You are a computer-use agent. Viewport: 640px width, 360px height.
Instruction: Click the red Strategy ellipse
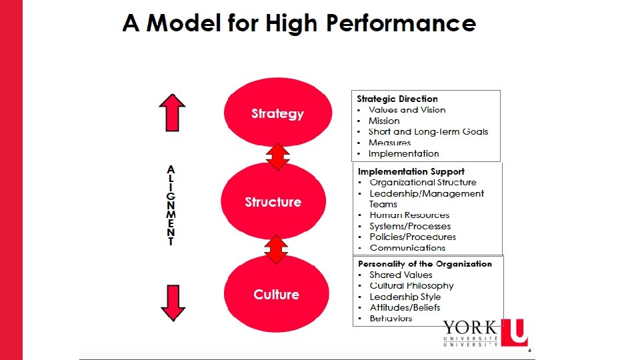click(277, 113)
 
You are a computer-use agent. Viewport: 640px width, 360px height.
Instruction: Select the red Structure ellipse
click(273, 201)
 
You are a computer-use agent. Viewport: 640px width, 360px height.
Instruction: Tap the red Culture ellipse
click(277, 294)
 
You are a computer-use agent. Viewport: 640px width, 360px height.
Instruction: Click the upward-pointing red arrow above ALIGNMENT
click(172, 112)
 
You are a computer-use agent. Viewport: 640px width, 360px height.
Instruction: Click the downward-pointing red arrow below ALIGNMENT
click(173, 303)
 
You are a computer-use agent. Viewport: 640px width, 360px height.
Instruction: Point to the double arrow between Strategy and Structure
click(277, 156)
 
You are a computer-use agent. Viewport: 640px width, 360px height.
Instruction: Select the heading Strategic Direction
click(397, 99)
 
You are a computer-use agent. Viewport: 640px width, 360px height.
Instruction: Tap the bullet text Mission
click(384, 121)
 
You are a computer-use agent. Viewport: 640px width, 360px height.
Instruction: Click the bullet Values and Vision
click(407, 110)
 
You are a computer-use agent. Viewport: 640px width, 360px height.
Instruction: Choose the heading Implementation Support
click(411, 171)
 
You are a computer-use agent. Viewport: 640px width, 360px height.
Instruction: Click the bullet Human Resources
click(409, 215)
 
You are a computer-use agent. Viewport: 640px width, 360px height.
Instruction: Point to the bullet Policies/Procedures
click(413, 237)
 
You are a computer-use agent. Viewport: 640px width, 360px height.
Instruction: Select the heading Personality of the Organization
click(425, 263)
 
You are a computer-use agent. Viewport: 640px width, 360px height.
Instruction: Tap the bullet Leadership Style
click(405, 297)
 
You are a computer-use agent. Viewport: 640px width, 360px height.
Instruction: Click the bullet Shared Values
click(401, 275)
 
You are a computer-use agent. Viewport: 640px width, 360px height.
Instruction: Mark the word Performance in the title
click(401, 24)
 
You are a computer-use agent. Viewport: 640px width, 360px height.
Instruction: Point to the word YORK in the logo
click(470, 327)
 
